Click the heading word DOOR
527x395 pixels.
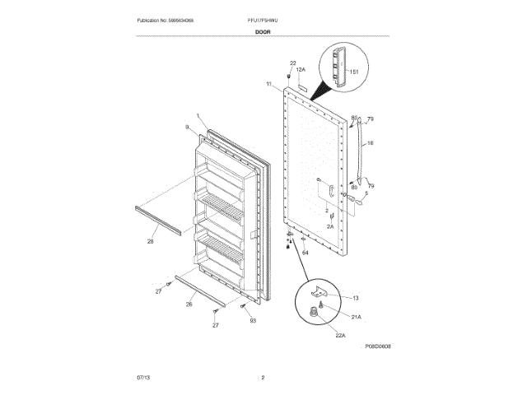pyautogui.click(x=263, y=31)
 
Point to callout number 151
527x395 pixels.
pyautogui.click(x=355, y=72)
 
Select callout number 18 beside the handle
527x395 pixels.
pyautogui.click(x=370, y=143)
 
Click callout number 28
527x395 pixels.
pyautogui.click(x=150, y=241)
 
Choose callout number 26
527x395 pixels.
pyautogui.click(x=189, y=304)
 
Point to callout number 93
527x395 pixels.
pyautogui.click(x=253, y=320)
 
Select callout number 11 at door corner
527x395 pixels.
pyautogui.click(x=268, y=84)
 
